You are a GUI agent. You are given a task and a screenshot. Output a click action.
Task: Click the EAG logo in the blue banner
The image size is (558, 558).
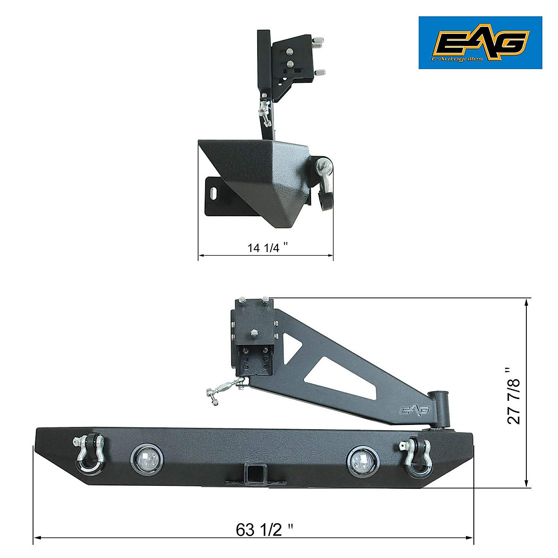481,42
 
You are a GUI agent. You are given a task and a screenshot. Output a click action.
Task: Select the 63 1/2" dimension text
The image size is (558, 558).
265,530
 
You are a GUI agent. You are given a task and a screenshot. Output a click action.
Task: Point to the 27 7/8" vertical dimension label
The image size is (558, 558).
514,395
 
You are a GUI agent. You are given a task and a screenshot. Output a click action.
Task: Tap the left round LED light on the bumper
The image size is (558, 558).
145,458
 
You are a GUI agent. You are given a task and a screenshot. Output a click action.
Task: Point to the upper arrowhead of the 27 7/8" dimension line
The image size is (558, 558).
526,301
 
